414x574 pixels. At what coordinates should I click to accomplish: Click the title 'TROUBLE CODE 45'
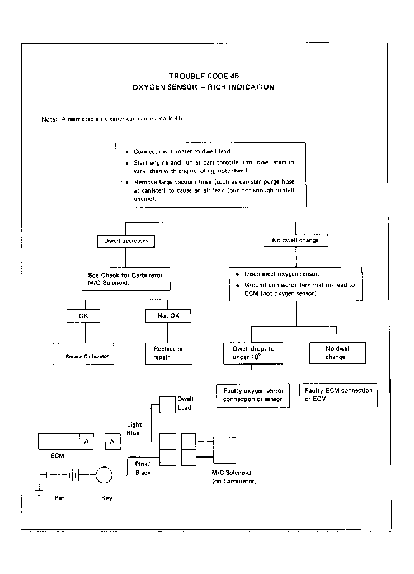[x=204, y=76]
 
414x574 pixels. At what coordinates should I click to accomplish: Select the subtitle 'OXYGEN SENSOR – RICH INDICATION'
[x=203, y=87]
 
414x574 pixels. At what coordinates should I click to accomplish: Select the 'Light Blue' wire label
[x=134, y=428]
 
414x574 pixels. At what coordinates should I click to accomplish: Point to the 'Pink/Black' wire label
[x=143, y=468]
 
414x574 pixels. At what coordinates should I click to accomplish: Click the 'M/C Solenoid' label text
[x=231, y=473]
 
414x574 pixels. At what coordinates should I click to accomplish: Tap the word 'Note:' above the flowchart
[x=49, y=119]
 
